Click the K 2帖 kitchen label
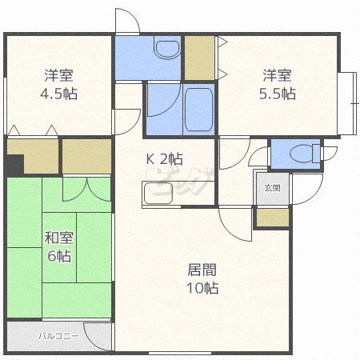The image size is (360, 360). (163, 159)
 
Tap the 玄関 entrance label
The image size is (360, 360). (272, 188)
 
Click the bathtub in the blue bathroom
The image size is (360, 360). (198, 111)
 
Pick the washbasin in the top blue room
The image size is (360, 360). (166, 50)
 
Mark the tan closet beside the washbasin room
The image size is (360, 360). (198, 57)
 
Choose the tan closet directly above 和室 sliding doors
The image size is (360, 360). (86, 156)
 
